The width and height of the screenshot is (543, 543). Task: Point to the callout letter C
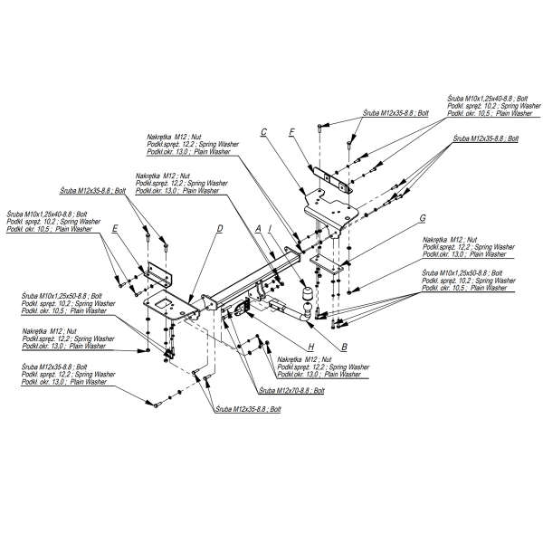click(x=263, y=133)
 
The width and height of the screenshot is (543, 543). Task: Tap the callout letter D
click(x=220, y=229)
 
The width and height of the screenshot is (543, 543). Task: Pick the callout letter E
click(x=115, y=230)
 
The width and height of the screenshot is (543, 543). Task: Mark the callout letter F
click(x=292, y=133)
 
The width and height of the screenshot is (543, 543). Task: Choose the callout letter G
click(x=422, y=218)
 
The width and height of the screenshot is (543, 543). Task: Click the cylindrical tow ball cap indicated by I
click(x=306, y=297)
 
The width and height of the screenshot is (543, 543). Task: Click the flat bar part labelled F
click(x=326, y=177)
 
